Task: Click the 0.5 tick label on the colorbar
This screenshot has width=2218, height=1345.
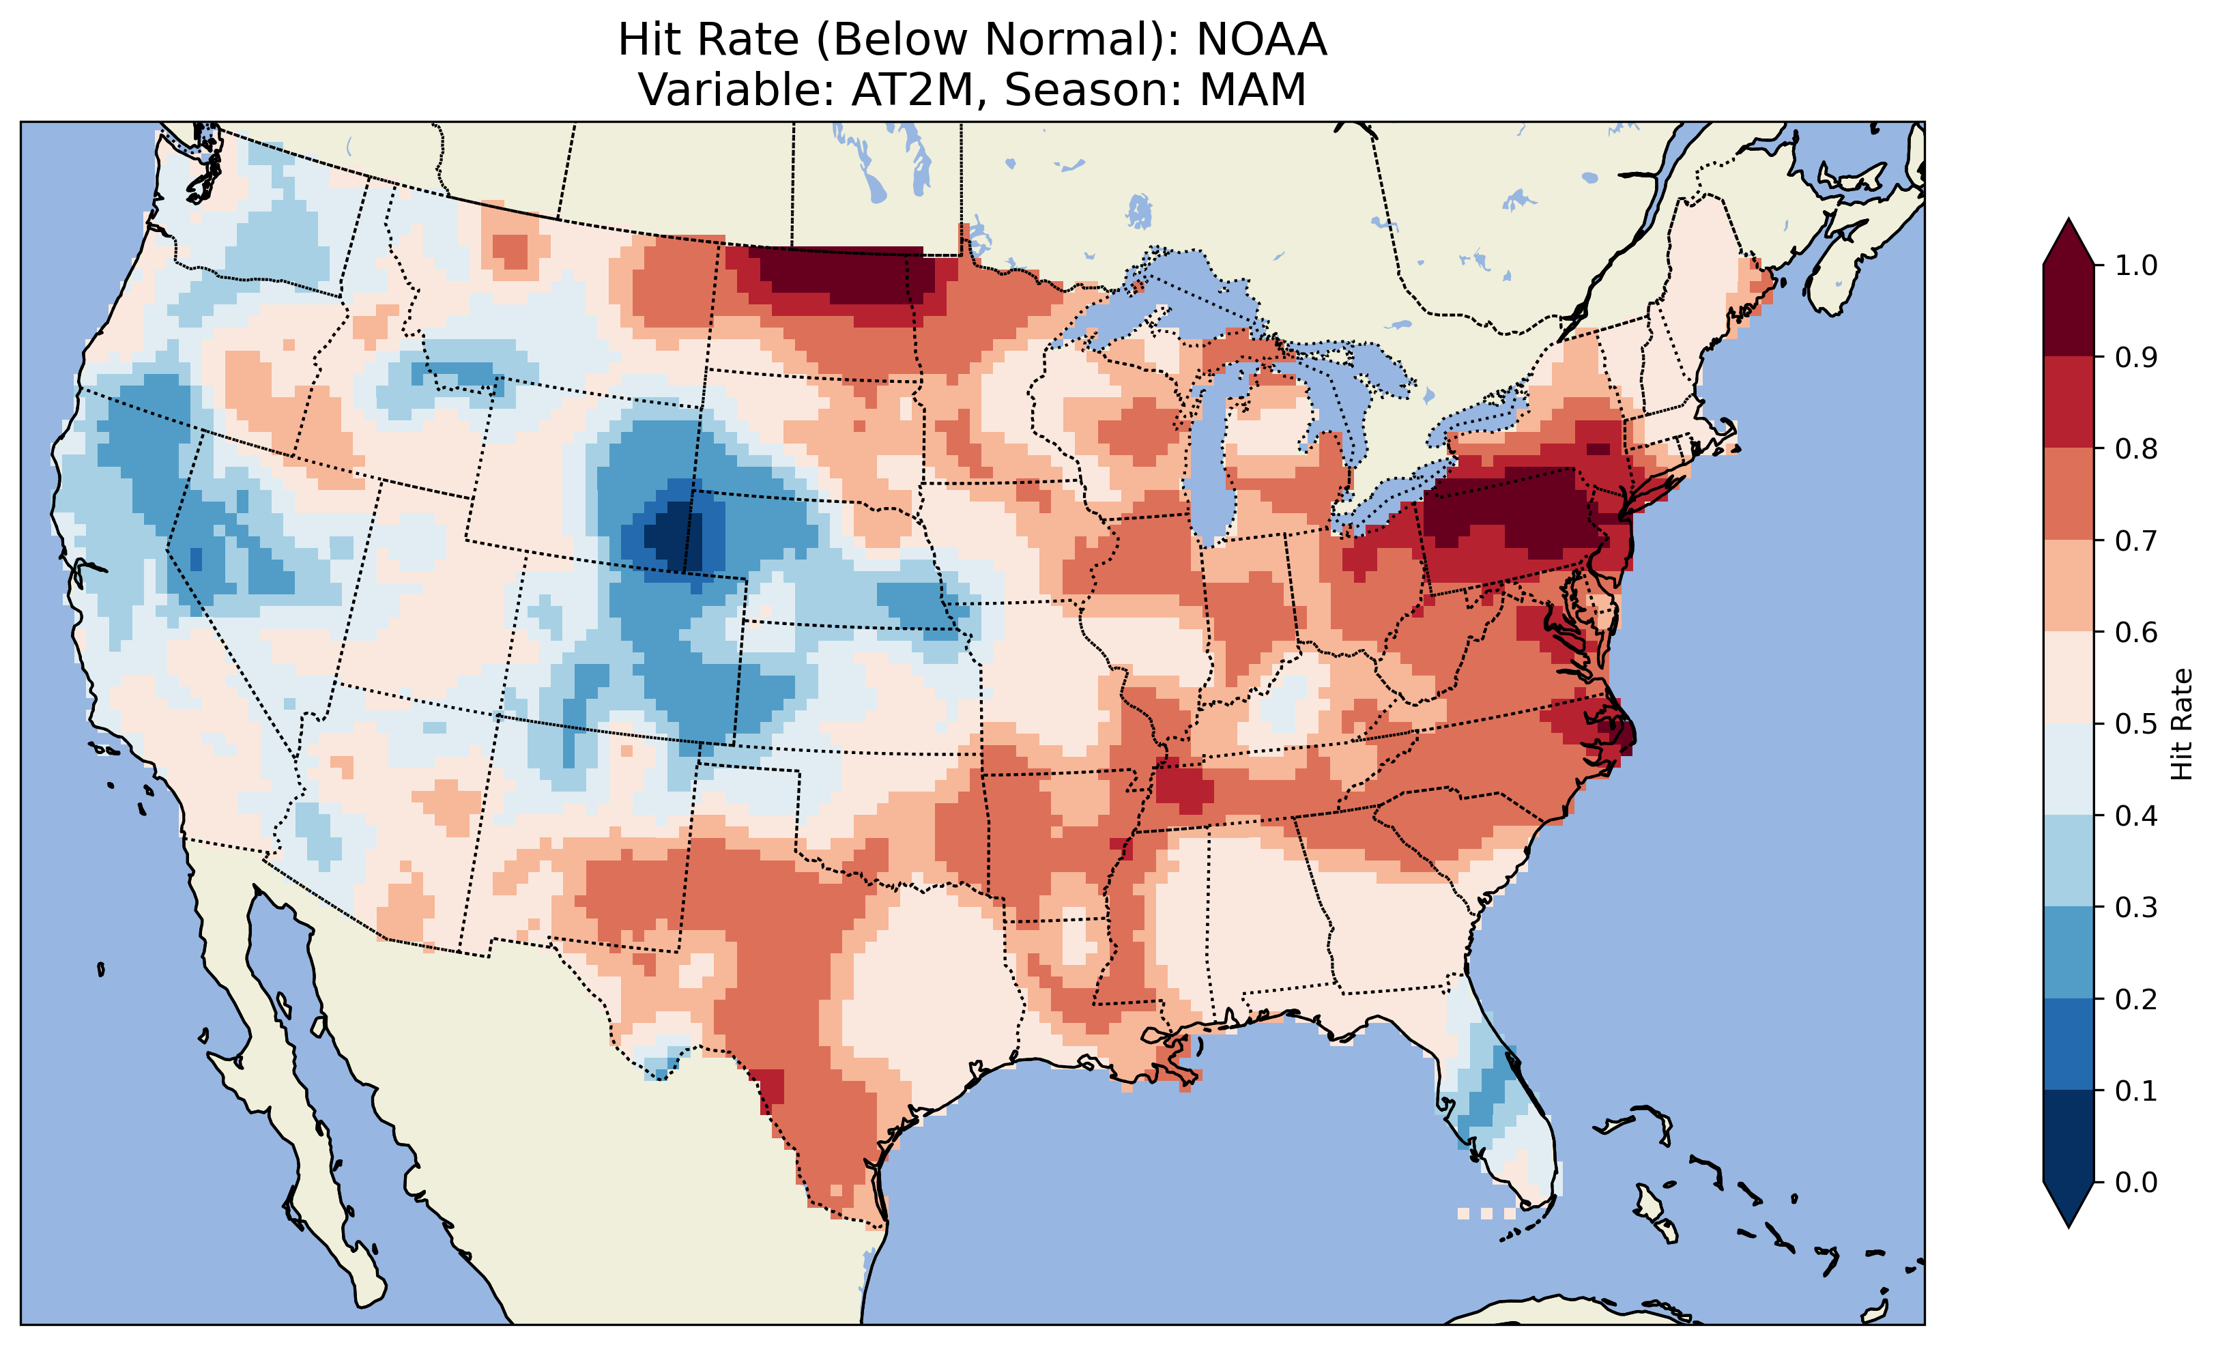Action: coord(2136,724)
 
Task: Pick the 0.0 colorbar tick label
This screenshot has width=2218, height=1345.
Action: coord(2136,1182)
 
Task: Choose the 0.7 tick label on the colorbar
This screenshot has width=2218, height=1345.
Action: coord(2136,541)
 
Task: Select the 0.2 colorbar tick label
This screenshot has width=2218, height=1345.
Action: coord(2136,999)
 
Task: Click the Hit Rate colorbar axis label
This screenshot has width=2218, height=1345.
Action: coord(2181,724)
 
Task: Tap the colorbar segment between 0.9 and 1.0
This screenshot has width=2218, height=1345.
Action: coord(2069,310)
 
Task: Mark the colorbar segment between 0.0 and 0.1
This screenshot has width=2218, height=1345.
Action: coord(2069,1136)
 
